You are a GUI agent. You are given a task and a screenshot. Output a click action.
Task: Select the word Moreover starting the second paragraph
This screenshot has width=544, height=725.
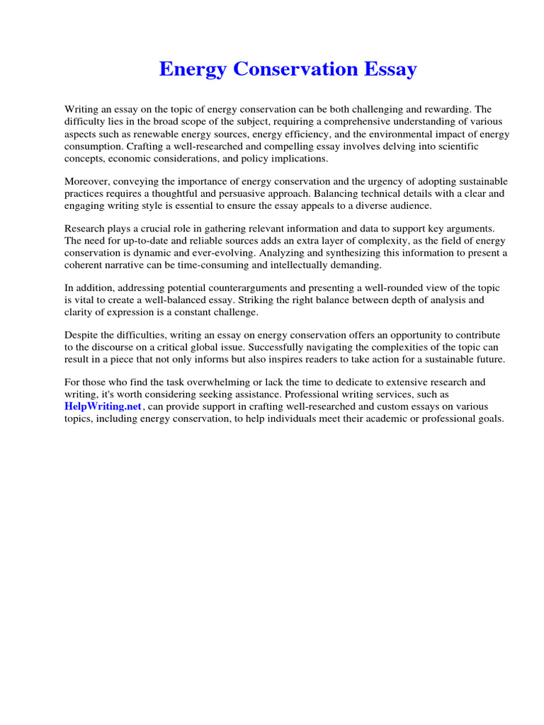pyautogui.click(x=88, y=181)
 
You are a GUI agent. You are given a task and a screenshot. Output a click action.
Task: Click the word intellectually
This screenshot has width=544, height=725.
pyautogui.click(x=290, y=265)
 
